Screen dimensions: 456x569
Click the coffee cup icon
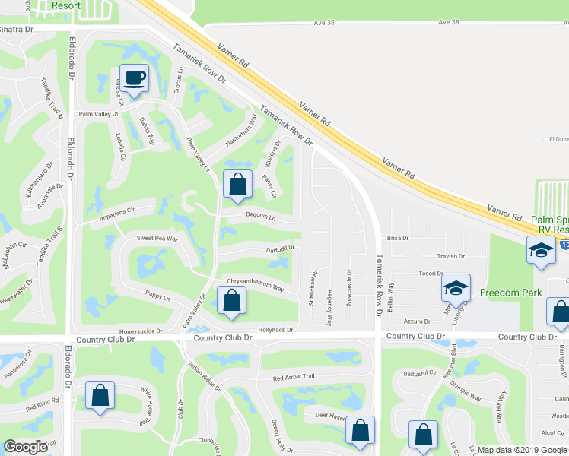pyautogui.click(x=134, y=78)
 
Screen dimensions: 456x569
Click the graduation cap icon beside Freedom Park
pyautogui.click(x=456, y=289)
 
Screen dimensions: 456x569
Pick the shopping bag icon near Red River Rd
pyautogui.click(x=100, y=396)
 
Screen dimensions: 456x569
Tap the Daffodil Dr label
pyautogui.click(x=278, y=248)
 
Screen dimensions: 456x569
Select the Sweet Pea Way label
pyautogui.click(x=157, y=238)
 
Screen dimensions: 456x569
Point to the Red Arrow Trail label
pyautogui.click(x=294, y=377)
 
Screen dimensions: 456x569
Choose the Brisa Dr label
pyautogui.click(x=398, y=238)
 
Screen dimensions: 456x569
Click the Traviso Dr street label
pyautogui.click(x=450, y=257)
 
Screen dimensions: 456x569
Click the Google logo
pyautogui.click(x=25, y=447)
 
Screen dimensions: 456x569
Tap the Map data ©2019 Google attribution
pyautogui.click(x=522, y=450)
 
